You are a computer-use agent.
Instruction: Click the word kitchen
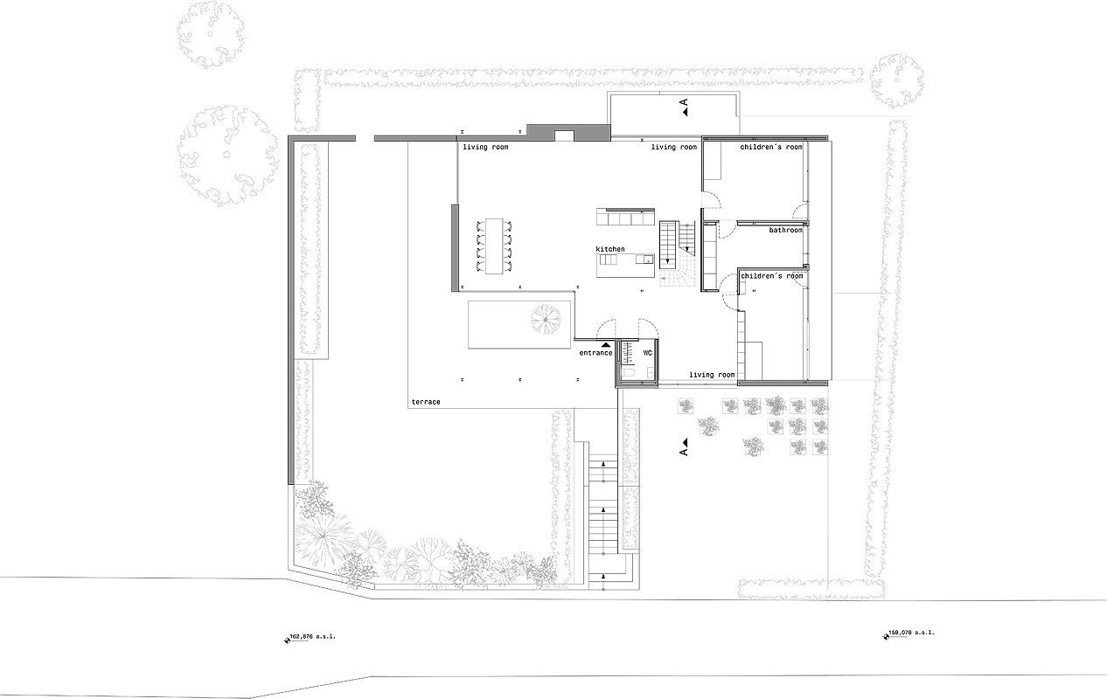(609, 249)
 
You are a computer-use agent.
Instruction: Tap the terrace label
(426, 402)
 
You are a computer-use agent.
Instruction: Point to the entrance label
(595, 353)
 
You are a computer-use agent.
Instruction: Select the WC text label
(647, 353)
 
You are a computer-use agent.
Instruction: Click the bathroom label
(785, 230)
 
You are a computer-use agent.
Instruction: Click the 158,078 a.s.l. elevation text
(912, 633)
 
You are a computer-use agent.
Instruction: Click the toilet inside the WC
(629, 372)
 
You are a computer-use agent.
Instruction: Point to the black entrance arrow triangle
(606, 345)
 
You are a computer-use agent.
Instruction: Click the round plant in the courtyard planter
(546, 320)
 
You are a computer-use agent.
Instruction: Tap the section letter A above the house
(684, 103)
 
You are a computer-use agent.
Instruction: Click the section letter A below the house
(684, 452)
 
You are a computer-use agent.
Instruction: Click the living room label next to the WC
(712, 375)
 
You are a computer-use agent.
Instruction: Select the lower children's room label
(771, 275)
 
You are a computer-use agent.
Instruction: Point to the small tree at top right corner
(896, 81)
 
